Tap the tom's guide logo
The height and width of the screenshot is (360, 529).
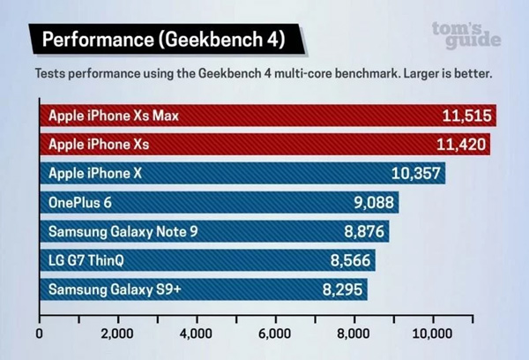coord(467,34)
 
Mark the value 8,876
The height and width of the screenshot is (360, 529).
coord(361,231)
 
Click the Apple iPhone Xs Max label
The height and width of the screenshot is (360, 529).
coord(114,116)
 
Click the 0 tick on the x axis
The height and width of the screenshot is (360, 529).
coord(40,334)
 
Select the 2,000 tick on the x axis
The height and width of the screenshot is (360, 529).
coord(117,334)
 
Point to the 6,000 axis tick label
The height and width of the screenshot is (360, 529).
coord(275,334)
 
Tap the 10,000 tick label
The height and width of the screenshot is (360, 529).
coord(432,334)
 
